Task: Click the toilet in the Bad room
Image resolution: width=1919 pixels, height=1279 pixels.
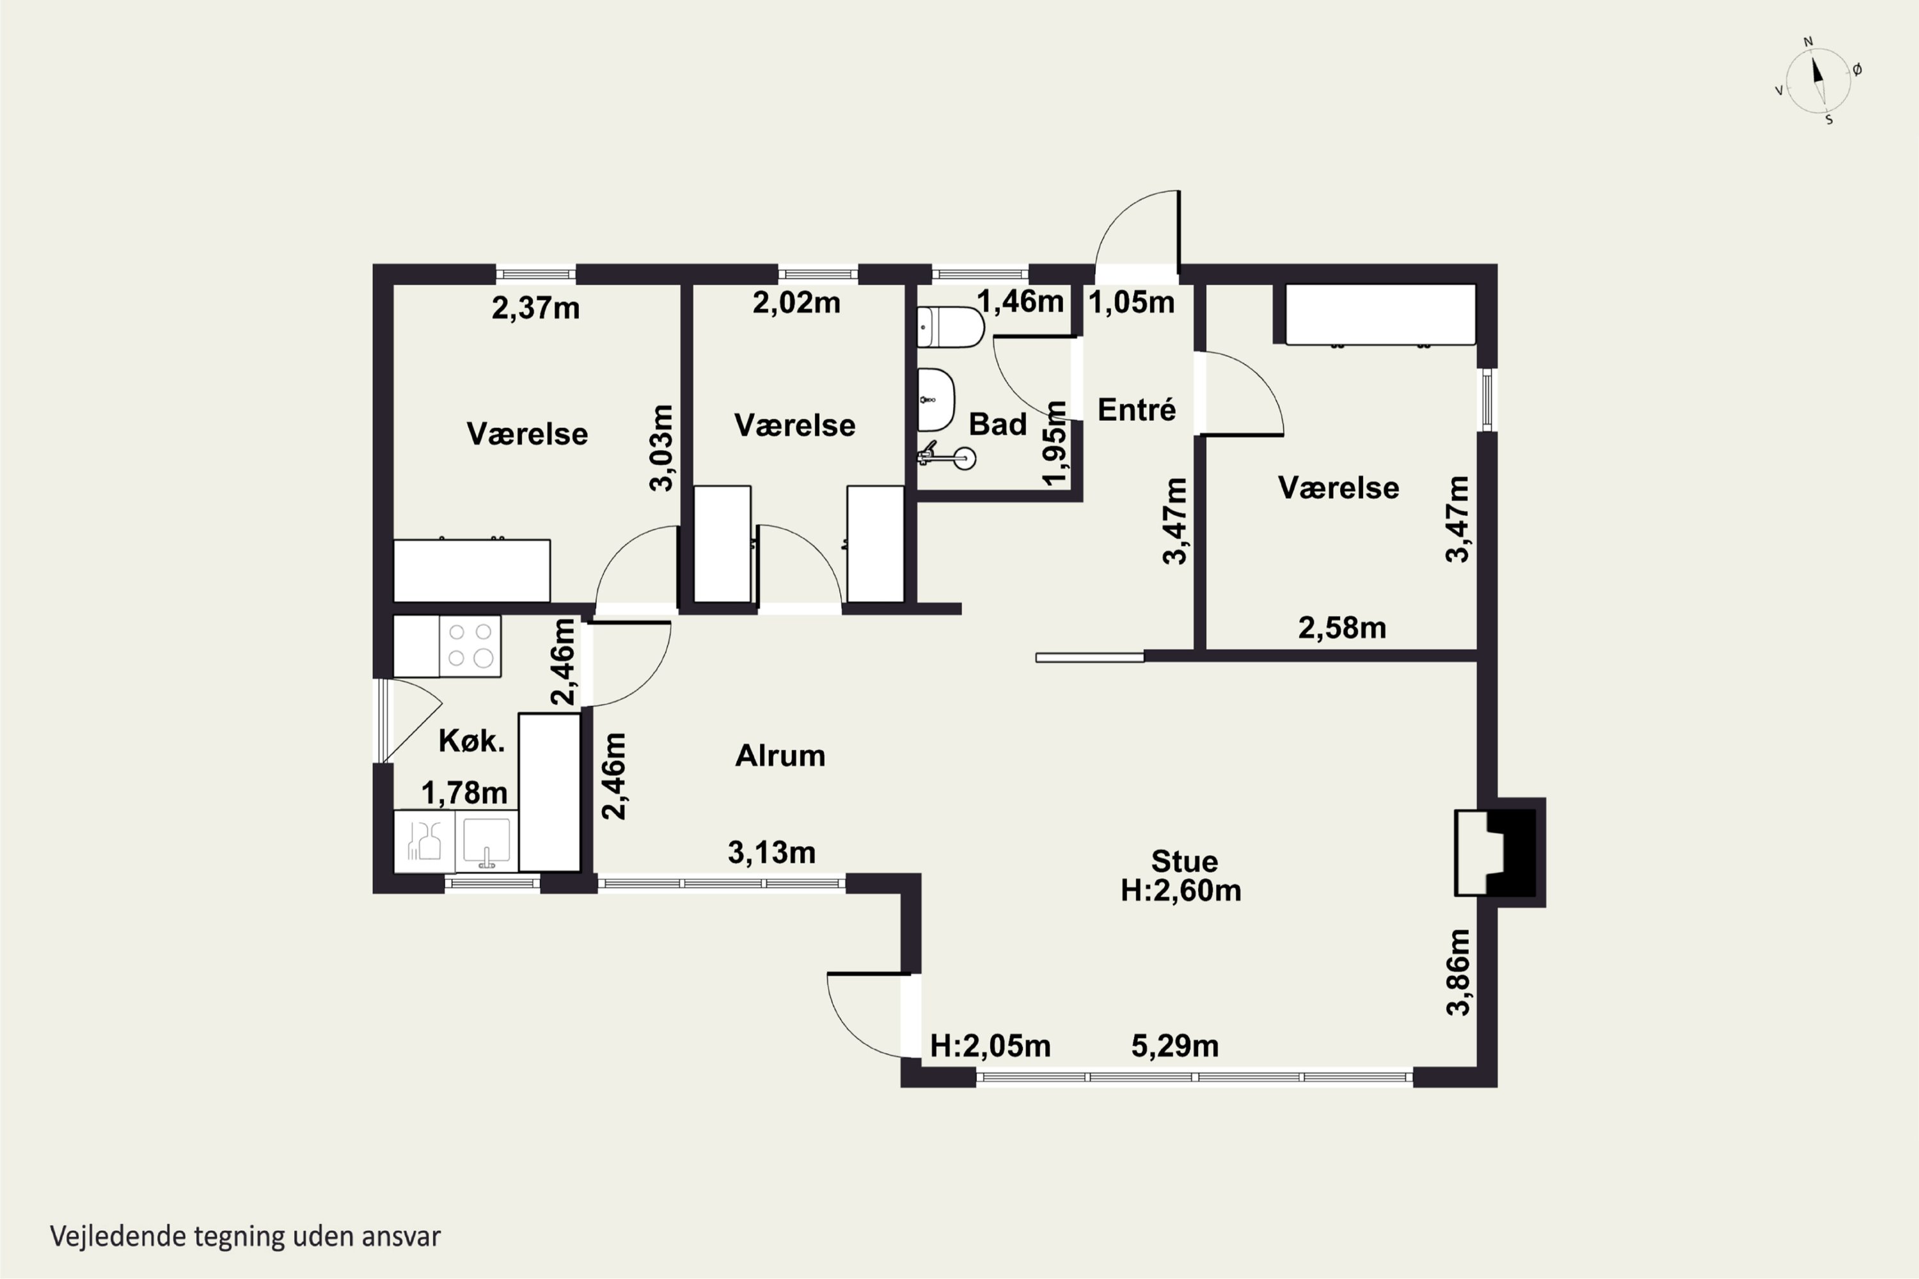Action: tap(951, 327)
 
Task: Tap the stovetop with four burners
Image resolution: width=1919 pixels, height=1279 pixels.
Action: tap(470, 646)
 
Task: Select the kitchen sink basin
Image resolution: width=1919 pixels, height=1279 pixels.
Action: tap(486, 841)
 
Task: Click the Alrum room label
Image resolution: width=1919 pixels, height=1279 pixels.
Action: tap(780, 756)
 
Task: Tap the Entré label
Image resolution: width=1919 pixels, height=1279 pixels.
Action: tap(1137, 409)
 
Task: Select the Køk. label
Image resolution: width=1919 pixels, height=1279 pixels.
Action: tap(471, 741)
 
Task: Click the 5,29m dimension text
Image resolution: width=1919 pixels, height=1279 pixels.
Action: tap(1175, 1046)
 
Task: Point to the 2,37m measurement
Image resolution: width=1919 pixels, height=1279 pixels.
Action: tap(535, 308)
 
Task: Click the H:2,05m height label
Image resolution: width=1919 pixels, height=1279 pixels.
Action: tap(990, 1046)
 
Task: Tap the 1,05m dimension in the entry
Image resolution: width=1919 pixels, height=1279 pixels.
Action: tap(1132, 302)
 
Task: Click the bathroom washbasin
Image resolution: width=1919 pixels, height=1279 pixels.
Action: tap(936, 400)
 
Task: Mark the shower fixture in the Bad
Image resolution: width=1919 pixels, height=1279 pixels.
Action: tap(947, 456)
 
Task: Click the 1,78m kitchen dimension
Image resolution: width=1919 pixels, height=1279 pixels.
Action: tap(464, 793)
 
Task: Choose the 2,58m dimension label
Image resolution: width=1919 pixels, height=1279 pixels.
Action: tap(1342, 628)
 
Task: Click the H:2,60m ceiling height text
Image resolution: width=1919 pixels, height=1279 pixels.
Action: tap(1181, 891)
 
